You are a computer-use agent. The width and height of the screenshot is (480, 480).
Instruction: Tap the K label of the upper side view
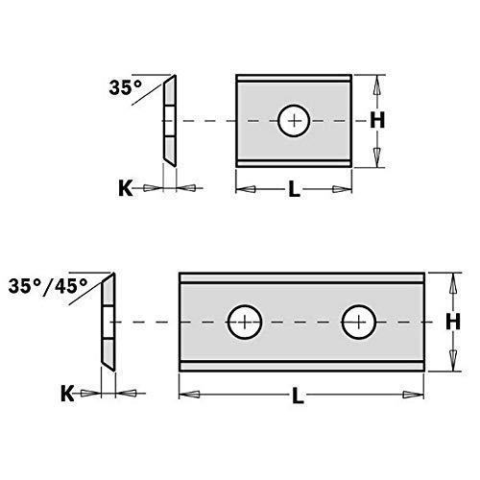click(x=124, y=188)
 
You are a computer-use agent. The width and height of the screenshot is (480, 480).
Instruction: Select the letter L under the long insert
click(x=300, y=394)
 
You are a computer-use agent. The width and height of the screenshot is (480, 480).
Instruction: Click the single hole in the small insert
click(x=292, y=122)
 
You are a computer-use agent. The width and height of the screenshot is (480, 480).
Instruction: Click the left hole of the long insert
click(x=245, y=321)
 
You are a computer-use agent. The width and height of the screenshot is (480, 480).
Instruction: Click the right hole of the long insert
click(x=358, y=321)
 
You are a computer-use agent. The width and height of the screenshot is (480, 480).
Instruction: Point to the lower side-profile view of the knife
click(x=108, y=322)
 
